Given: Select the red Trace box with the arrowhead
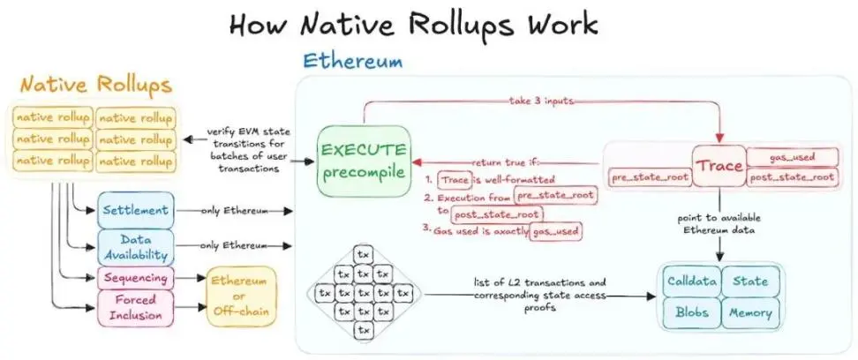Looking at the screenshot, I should (718, 166).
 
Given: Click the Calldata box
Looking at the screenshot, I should (691, 281).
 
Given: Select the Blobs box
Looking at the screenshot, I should (691, 312).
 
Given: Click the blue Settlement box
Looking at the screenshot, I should (136, 211).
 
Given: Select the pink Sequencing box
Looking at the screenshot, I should (136, 278).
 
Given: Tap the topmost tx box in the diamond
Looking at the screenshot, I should (362, 254).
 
